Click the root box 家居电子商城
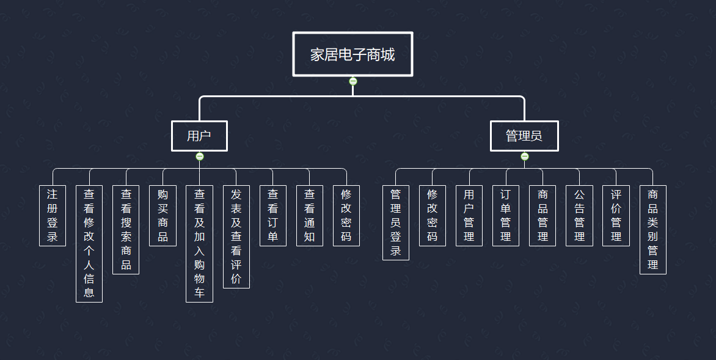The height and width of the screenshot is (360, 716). click(353, 54)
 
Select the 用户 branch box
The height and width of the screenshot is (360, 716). click(199, 136)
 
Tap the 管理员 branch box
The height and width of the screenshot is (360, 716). click(524, 136)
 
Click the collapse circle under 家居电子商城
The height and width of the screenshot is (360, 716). click(353, 81)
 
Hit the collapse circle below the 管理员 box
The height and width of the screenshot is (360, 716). click(525, 156)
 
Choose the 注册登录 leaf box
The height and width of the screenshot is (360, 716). click(53, 215)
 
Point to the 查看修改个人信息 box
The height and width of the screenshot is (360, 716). click(89, 243)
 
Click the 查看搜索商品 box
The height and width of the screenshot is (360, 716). click(126, 229)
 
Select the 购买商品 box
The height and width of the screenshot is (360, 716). click(163, 215)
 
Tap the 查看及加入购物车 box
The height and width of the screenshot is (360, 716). click(199, 243)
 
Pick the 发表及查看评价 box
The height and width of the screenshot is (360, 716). click(236, 237)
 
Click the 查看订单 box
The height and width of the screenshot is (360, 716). click(273, 215)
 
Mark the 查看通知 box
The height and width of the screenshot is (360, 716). click(310, 215)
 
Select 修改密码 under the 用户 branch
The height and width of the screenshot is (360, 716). click(346, 215)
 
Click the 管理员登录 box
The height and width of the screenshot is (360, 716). click(396, 222)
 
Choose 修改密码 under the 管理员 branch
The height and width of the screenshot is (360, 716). click(433, 215)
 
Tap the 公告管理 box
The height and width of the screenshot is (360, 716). click(579, 215)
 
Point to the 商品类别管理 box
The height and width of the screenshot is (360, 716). click(653, 229)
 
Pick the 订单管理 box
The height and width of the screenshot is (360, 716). click(506, 215)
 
